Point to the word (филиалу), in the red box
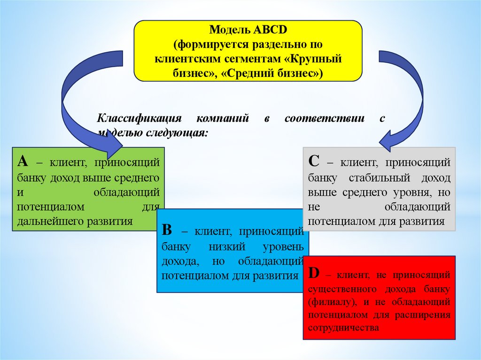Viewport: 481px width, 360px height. click(329, 301)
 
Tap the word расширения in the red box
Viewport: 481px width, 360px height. click(428, 314)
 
